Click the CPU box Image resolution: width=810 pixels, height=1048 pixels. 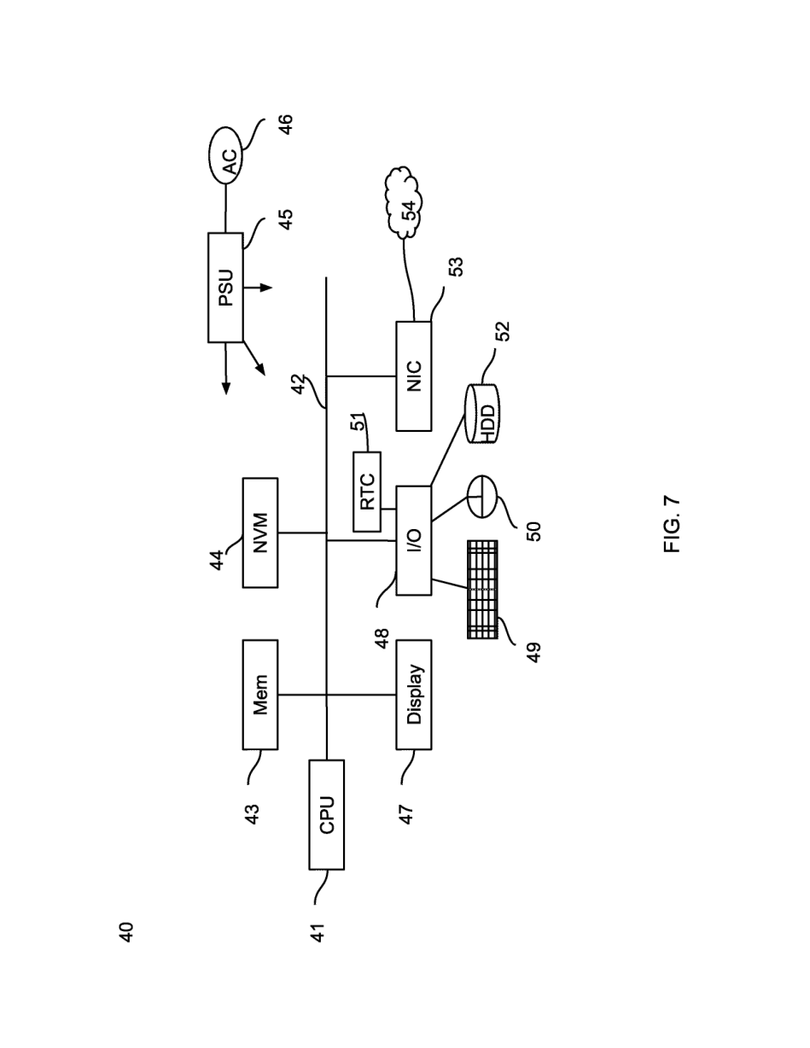[x=326, y=814]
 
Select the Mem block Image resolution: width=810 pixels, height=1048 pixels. [x=259, y=695]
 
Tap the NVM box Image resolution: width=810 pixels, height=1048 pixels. [x=259, y=533]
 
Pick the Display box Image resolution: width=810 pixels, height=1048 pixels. [x=414, y=695]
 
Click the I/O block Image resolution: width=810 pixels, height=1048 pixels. [x=414, y=540]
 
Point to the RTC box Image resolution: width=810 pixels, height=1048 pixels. [x=367, y=492]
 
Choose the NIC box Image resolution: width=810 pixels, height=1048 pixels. [x=414, y=376]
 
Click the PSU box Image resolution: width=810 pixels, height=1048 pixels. [x=225, y=288]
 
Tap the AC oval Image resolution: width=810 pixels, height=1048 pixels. [x=225, y=156]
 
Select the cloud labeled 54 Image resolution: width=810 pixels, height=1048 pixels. [x=404, y=202]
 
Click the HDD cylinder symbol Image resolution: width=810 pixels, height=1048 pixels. [x=482, y=414]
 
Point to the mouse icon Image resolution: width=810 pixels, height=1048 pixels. [x=481, y=497]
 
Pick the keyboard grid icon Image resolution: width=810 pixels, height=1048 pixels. [x=482, y=590]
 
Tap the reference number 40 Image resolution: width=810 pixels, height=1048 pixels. [x=126, y=932]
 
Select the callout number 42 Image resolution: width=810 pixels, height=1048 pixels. [x=300, y=384]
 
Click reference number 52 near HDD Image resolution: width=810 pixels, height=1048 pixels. [x=502, y=331]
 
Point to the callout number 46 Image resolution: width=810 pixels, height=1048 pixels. [x=285, y=125]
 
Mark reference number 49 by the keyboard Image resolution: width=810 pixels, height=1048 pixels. [x=533, y=653]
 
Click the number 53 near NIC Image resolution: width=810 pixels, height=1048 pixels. [x=456, y=267]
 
